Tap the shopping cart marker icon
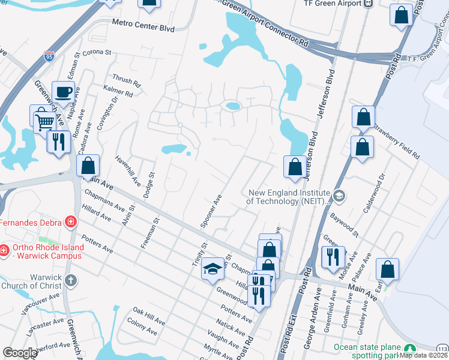[44, 121]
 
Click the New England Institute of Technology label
[289, 197]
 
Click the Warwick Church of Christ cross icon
[70, 280]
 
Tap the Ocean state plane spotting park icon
[410, 349]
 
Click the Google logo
[20, 353]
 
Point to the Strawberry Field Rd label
[396, 140]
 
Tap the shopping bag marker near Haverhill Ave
[88, 166]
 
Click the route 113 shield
[442, 349]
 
